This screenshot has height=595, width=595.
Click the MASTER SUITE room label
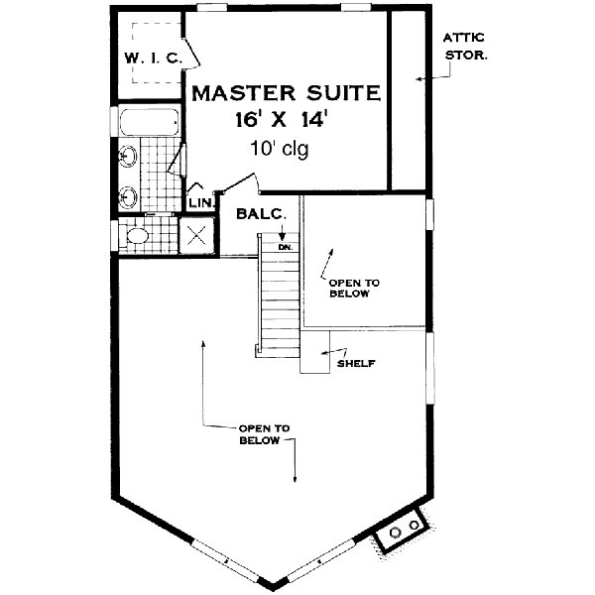click(286, 94)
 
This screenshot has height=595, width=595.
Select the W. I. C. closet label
click(152, 59)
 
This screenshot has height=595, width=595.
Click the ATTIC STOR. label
click(465, 47)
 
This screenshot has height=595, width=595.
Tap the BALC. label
click(261, 212)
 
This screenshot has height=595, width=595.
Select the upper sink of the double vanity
click(128, 156)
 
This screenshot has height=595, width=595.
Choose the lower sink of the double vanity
click(128, 193)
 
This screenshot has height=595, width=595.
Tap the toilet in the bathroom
click(136, 237)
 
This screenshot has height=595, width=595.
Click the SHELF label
click(355, 363)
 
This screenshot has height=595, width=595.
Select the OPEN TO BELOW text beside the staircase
click(349, 288)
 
